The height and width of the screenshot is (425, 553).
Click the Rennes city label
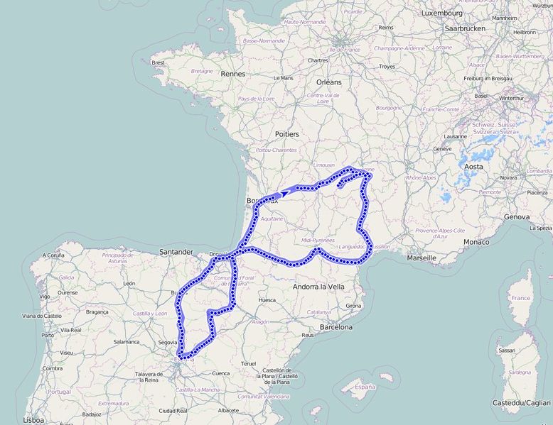233,74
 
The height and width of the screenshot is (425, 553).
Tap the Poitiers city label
286,134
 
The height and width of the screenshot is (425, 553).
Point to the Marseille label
422,258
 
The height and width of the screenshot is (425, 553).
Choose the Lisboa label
34,420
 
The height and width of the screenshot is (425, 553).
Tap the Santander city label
176,252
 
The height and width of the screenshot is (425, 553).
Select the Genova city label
517,216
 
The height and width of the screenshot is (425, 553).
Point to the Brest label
158,62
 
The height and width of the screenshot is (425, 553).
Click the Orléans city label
329,82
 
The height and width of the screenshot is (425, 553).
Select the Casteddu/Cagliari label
522,403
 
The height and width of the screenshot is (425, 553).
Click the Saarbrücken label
464,28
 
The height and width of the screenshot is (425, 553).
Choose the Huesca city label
267,300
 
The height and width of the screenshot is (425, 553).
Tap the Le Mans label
283,77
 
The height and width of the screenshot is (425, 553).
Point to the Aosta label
473,167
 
